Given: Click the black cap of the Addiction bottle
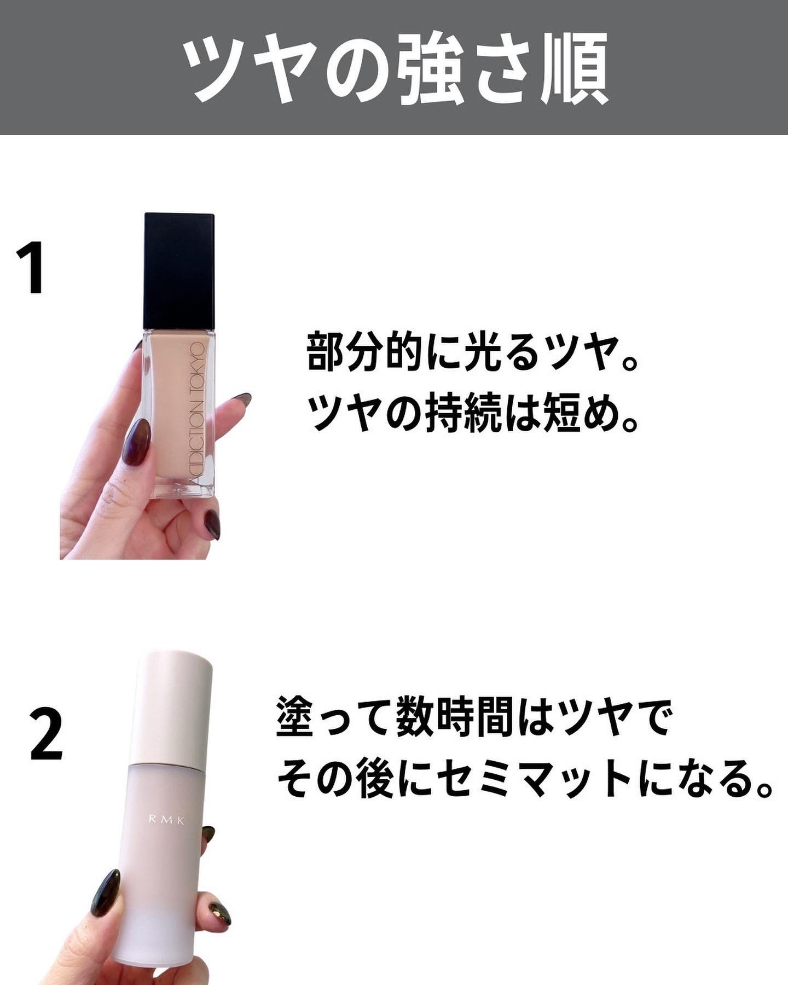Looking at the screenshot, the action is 179,271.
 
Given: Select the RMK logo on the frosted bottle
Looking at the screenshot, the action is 167,819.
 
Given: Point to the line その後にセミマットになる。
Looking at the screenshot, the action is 525,778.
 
